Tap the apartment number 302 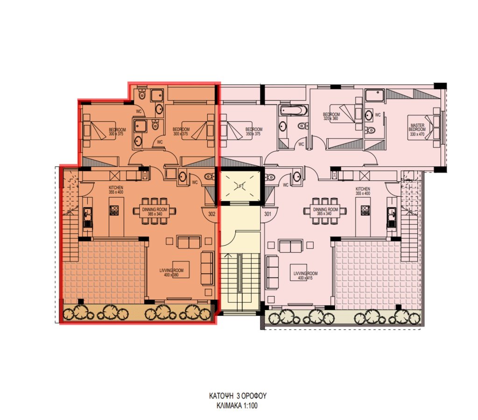[x=211, y=214]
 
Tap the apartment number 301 [x=267, y=214]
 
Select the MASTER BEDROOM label [x=417, y=128]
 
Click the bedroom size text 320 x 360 [x=331, y=119]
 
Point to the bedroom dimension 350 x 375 [x=253, y=134]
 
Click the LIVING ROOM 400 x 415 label [x=305, y=276]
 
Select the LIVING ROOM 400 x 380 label [x=171, y=273]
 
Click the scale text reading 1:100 [x=249, y=406]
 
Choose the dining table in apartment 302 [x=155, y=212]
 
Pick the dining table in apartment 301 [x=325, y=211]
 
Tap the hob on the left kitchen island [x=114, y=210]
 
